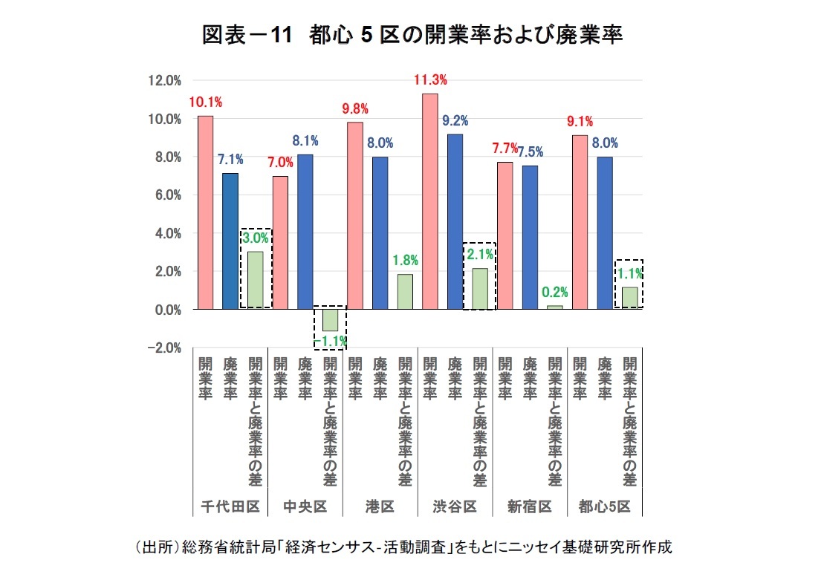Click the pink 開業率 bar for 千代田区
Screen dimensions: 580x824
tap(205, 212)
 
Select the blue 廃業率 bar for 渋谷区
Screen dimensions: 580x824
tap(455, 221)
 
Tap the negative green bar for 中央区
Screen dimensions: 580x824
tap(329, 320)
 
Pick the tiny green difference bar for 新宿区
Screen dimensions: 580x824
tap(554, 307)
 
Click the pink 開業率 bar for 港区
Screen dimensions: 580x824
tap(355, 215)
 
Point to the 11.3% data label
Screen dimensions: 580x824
tap(430, 80)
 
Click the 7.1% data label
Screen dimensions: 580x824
tap(230, 159)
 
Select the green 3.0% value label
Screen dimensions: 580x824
tap(255, 238)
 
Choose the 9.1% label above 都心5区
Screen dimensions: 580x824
tap(580, 122)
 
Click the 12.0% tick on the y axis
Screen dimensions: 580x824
tap(166, 81)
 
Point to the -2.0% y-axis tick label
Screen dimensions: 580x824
tap(164, 348)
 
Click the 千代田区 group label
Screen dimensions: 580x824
tap(230, 506)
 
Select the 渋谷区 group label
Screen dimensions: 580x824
tap(455, 506)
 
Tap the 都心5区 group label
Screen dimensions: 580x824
tap(604, 506)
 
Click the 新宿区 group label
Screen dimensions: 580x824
tap(529, 506)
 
